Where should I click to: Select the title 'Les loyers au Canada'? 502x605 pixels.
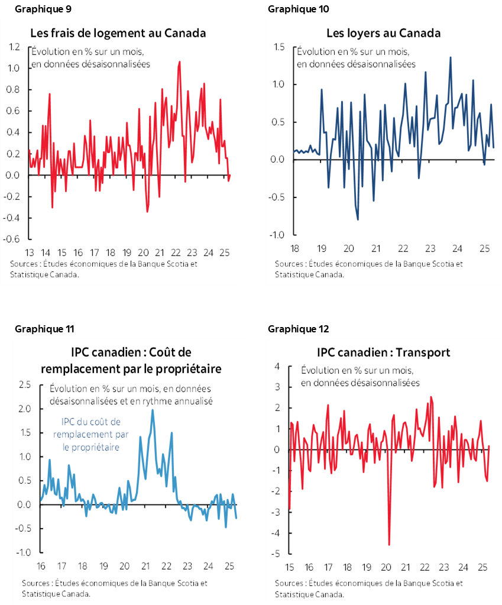[x=383, y=33]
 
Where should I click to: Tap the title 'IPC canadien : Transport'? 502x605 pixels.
[x=383, y=352]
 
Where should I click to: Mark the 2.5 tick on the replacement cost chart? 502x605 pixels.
[x=24, y=385]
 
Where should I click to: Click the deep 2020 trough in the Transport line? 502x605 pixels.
[x=389, y=545]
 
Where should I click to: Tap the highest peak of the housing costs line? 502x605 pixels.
[x=180, y=62]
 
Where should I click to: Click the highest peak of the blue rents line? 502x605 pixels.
[x=451, y=57]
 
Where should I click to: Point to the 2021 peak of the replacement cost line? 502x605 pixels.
[x=153, y=410]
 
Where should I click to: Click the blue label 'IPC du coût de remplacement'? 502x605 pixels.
[x=90, y=422]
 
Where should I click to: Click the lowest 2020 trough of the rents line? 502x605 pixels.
[x=358, y=219]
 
